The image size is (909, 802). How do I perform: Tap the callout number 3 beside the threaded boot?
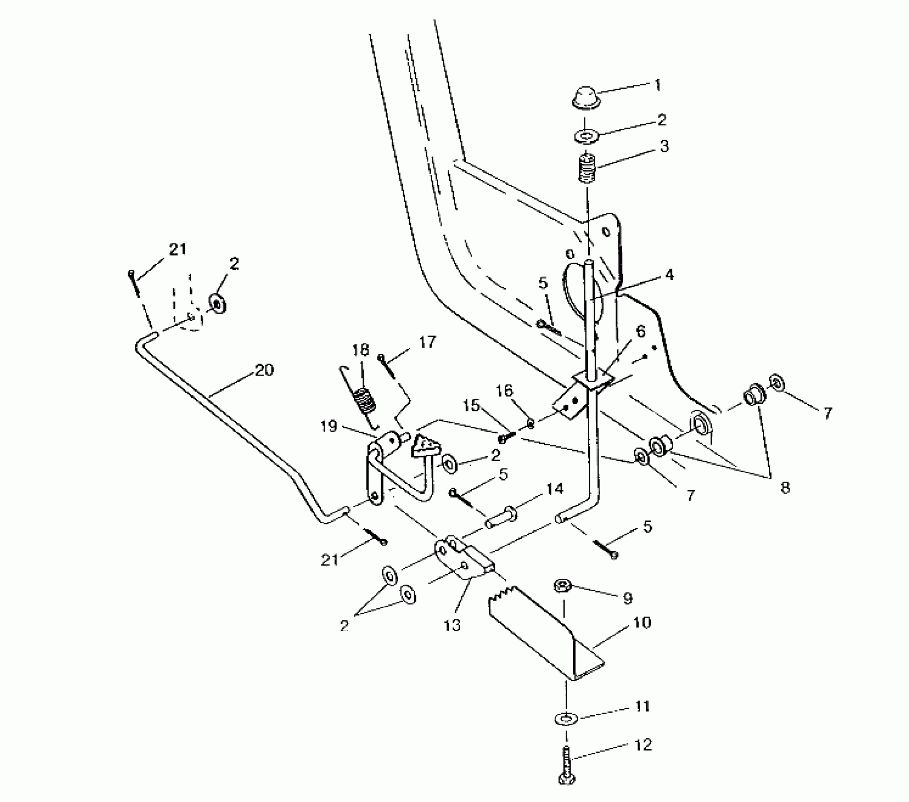pos(664,146)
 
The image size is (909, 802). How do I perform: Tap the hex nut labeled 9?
pos(561,586)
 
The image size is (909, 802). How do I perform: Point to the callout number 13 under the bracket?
pos(452,626)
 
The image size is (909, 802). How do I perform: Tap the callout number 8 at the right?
pos(784,487)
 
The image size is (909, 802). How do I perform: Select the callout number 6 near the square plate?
pos(641,331)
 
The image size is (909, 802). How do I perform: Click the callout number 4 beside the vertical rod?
pos(669,275)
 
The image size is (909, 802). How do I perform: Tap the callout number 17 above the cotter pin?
pos(427,342)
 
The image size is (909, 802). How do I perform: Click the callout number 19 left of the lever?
pos(329,426)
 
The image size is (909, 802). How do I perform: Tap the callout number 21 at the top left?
pos(177,249)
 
